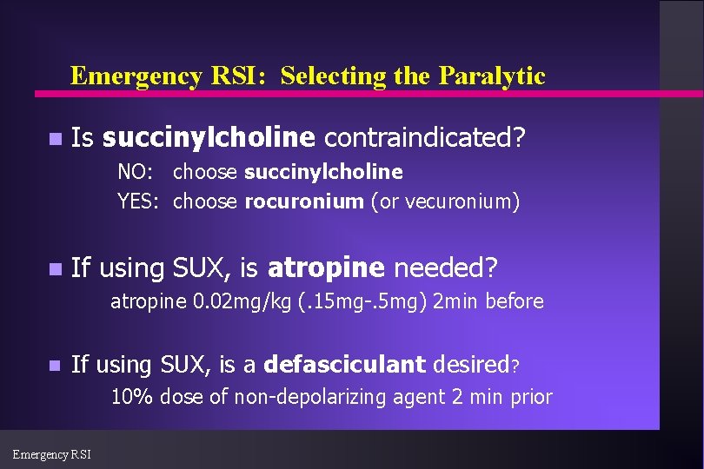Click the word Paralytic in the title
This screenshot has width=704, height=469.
click(x=492, y=76)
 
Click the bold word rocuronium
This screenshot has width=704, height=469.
click(x=304, y=202)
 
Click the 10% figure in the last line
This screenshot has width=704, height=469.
click(x=132, y=398)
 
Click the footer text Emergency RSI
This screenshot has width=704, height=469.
click(x=52, y=453)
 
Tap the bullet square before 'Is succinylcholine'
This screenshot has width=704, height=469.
click(x=55, y=139)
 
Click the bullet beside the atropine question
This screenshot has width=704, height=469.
click(x=55, y=270)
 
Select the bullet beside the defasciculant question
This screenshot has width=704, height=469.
click(x=55, y=367)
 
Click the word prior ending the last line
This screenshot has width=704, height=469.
click(x=531, y=398)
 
